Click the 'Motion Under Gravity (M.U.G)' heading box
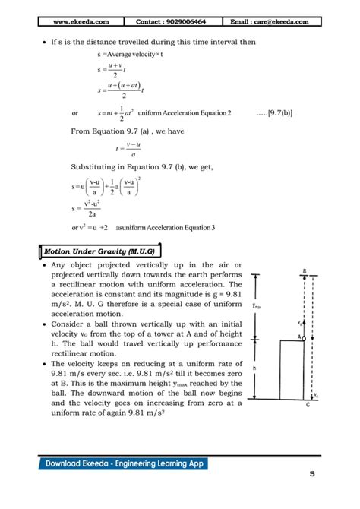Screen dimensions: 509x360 [99, 250]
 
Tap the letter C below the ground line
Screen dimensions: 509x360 [307, 406]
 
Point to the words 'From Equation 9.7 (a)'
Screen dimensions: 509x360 [106, 131]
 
